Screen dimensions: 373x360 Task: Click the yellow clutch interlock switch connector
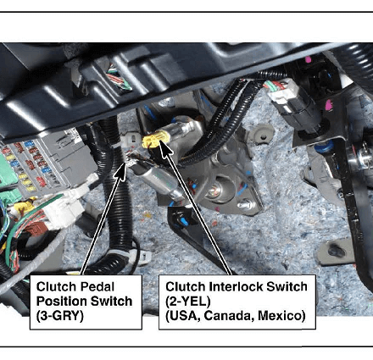click(x=156, y=140)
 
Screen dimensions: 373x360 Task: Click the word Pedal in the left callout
click(x=97, y=287)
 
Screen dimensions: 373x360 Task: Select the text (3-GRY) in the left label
click(x=60, y=316)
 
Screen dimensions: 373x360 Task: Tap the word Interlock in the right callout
click(x=236, y=287)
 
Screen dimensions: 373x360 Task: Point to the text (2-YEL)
click(x=188, y=302)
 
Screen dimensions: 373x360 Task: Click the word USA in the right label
click(x=183, y=316)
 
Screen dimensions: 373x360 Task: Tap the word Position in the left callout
click(x=61, y=302)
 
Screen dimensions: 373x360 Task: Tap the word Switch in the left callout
click(x=111, y=302)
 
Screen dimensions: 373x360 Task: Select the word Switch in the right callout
click(x=287, y=287)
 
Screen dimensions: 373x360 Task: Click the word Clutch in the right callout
click(x=186, y=287)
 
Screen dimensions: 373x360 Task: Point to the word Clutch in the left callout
click(x=57, y=287)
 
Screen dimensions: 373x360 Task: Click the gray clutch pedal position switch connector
click(x=130, y=139)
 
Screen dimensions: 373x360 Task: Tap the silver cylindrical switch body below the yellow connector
click(x=157, y=180)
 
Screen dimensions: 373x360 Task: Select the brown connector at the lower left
click(x=36, y=230)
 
